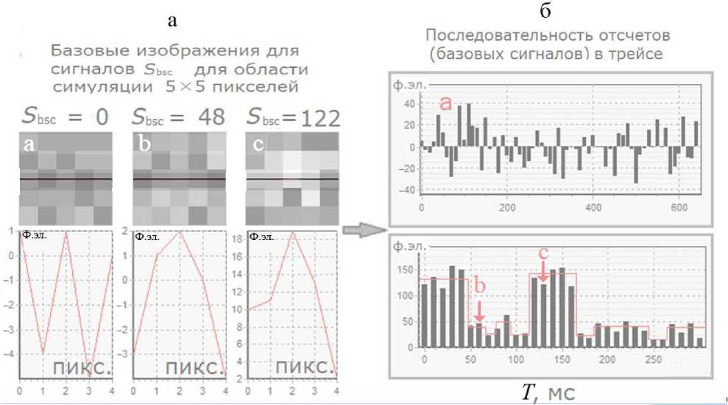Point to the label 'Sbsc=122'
[292, 117]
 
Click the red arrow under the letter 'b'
[479, 308]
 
